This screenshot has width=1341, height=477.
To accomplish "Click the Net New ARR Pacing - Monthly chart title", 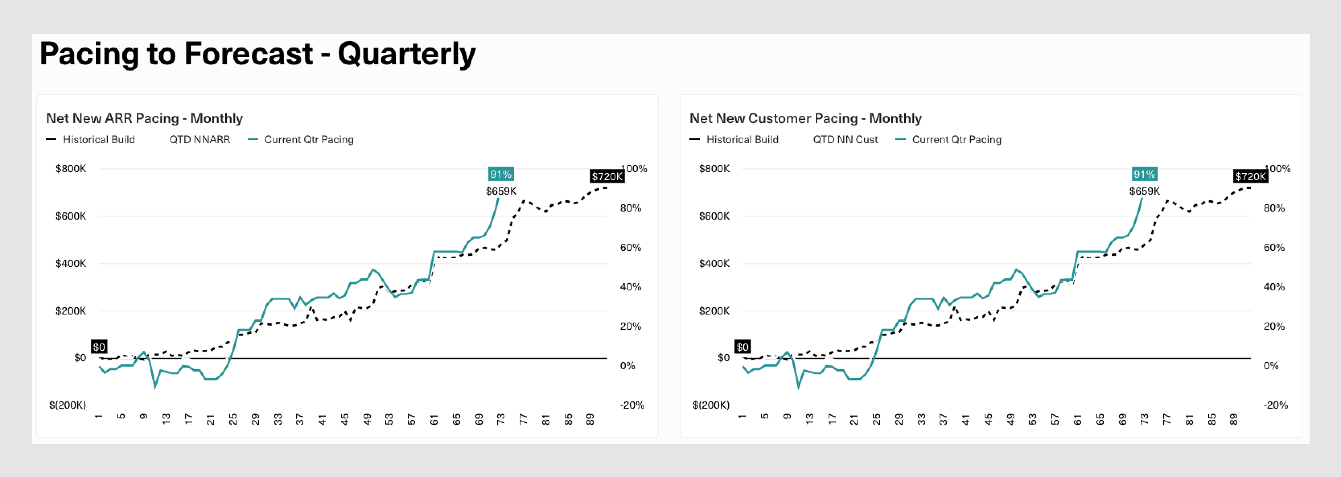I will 144,118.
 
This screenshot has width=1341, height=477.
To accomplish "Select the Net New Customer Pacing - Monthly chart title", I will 805,118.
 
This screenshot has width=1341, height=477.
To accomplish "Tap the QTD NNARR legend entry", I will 200,140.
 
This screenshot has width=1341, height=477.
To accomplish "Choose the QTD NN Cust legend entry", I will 845,140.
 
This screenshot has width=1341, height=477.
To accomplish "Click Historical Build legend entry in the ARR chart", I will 99,140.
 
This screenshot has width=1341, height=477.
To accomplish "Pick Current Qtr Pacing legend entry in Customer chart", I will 956,140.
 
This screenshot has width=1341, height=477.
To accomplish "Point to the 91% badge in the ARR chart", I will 501,174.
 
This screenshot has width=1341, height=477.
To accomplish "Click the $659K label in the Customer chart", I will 1144,191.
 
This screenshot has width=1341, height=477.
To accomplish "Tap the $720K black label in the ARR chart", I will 607,177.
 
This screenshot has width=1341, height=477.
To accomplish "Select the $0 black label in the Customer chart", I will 742,347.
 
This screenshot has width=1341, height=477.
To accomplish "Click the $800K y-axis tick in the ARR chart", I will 71,169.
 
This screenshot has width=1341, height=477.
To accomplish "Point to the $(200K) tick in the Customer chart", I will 711,405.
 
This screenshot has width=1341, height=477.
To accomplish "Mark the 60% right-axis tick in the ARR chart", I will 630,247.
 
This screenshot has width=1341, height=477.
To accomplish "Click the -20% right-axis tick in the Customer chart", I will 1275,405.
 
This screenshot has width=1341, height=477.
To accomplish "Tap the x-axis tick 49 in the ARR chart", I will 367,419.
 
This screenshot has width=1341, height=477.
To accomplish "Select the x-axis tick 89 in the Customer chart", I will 1233,419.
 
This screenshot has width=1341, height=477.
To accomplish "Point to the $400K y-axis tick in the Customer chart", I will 714,263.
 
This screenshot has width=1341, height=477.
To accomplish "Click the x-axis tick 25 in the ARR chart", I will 233,419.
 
